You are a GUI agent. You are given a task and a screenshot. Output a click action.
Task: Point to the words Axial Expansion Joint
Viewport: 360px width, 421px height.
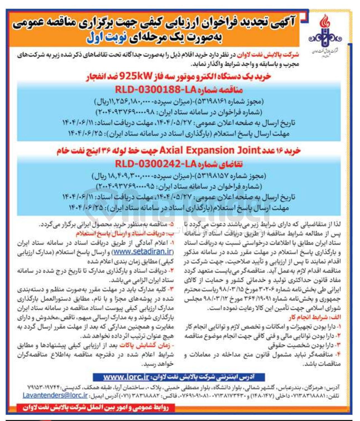pos(210,151)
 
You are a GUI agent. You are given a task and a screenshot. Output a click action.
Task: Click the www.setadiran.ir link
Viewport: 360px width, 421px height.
pos(143,251)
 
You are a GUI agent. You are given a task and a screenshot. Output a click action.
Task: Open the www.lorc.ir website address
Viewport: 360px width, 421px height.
pos(126,377)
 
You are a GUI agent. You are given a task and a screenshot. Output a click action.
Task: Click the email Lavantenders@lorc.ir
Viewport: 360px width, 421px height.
pos(55,396)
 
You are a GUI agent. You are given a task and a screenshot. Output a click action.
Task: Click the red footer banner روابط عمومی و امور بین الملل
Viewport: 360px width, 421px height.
pos(95,408)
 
